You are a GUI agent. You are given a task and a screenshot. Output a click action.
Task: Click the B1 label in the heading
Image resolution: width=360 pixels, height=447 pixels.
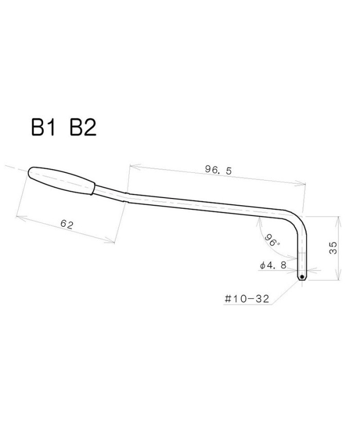pos(43,128)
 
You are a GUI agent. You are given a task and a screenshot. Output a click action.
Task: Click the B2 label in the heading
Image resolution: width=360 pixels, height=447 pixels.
pos(83,128)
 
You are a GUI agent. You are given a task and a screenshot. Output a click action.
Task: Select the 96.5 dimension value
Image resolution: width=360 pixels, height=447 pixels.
pos(219,170)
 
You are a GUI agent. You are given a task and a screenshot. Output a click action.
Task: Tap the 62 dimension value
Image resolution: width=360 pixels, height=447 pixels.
pos(67,224)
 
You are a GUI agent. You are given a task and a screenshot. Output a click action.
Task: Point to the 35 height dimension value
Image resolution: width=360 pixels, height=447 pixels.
pos(333,248)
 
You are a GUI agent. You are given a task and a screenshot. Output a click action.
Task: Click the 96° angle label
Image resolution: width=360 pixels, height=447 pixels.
pos(272,240)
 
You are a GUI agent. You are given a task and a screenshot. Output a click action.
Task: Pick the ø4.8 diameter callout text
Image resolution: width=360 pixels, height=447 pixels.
pos(273,265)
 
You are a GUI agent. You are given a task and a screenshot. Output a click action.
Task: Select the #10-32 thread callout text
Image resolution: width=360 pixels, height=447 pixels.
pos(247,299)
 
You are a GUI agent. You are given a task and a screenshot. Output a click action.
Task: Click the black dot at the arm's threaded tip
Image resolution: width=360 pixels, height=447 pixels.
pos(302,277)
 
